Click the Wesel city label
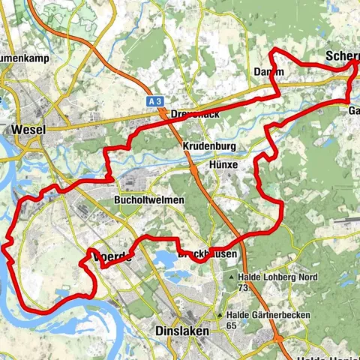tap(28, 129)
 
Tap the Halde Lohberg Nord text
tap(278, 277)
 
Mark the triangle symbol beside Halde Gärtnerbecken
tap(220, 316)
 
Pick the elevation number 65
tap(232, 325)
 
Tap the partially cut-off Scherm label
tap(342, 56)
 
